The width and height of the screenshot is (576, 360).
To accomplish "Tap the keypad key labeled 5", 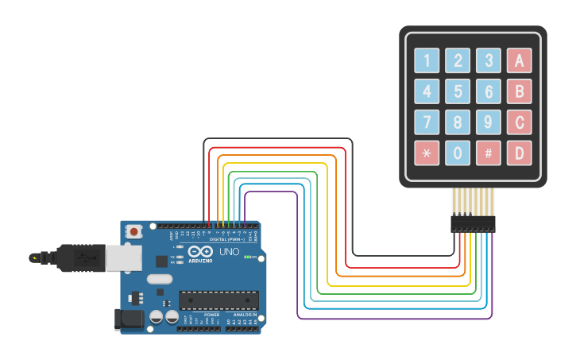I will [x=457, y=91].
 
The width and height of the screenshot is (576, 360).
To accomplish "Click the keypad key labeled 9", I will [x=488, y=122].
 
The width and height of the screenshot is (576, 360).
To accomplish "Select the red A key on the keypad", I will [x=519, y=60].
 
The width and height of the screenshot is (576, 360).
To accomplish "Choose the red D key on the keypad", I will [x=519, y=153].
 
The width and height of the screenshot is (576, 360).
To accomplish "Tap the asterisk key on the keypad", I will [x=427, y=153].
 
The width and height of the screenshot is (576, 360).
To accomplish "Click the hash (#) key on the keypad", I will [x=488, y=153].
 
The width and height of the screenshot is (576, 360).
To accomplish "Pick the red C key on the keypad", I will [x=519, y=122].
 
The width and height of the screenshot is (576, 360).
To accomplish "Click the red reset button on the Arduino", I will [x=134, y=232].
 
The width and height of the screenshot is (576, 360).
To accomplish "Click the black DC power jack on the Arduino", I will [x=126, y=319].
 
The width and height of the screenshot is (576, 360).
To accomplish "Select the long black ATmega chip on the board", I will [x=218, y=300].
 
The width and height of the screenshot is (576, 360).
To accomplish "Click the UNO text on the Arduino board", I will [x=229, y=252].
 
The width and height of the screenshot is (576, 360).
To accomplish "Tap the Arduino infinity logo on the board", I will [x=200, y=252].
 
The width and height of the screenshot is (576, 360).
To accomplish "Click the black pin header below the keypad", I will [x=473, y=223].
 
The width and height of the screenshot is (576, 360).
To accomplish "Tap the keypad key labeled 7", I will [x=427, y=122].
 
